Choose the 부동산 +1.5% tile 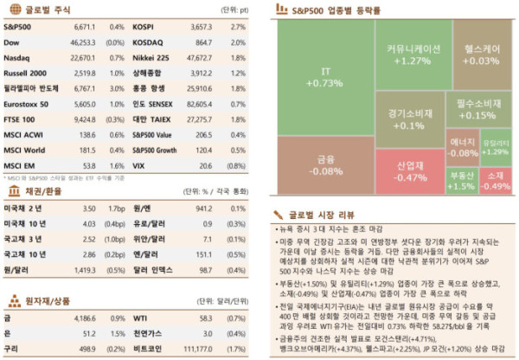461,180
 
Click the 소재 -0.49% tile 496,180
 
